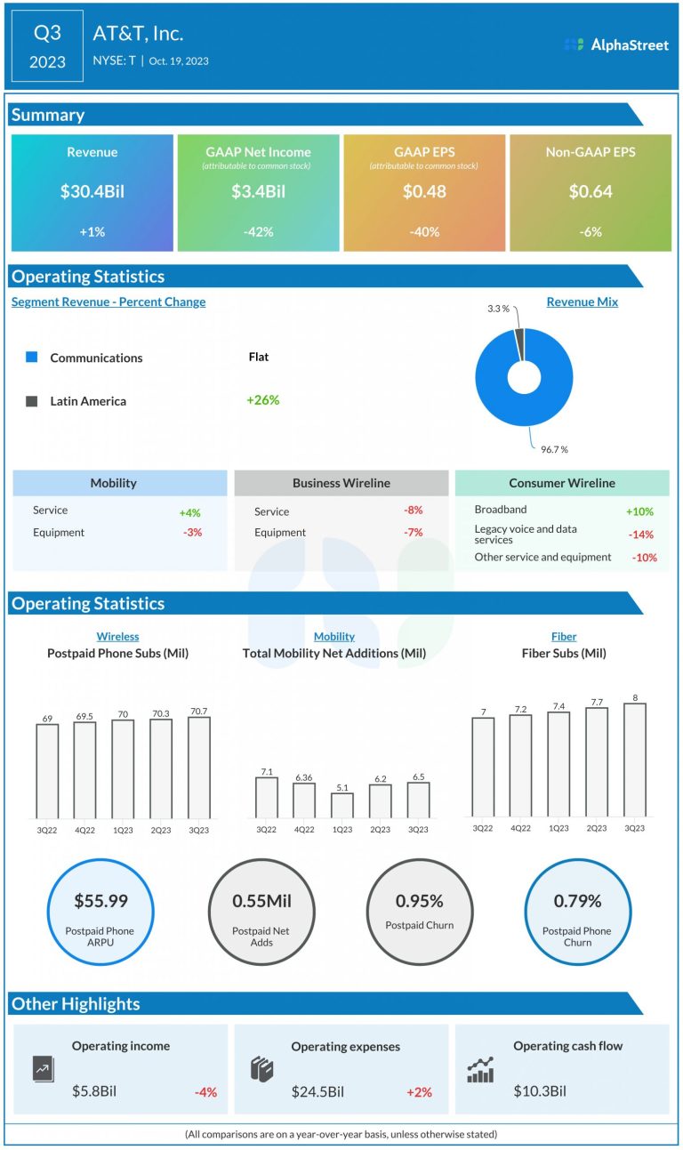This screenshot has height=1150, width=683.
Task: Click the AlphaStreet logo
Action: click(x=615, y=44)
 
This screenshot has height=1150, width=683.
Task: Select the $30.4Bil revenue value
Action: click(x=92, y=191)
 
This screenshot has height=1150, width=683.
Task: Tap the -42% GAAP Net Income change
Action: click(x=258, y=231)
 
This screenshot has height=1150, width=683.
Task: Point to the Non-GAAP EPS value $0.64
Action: click(x=590, y=191)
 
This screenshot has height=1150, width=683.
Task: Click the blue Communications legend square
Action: click(x=32, y=357)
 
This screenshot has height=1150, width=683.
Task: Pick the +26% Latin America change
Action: click(x=262, y=400)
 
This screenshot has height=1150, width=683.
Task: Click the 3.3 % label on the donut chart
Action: click(x=498, y=309)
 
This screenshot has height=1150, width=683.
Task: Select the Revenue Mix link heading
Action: click(x=582, y=302)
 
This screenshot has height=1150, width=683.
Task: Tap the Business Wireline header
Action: click(x=341, y=483)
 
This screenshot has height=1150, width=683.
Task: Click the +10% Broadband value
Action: click(x=639, y=511)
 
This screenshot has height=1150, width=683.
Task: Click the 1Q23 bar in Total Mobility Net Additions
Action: click(x=342, y=805)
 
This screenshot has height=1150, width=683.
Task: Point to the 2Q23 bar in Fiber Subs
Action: click(x=597, y=761)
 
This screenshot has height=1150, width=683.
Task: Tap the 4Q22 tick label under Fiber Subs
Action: click(x=520, y=827)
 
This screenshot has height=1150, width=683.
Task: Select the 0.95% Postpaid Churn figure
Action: click(x=419, y=901)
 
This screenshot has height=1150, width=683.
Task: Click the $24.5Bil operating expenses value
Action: click(x=317, y=1091)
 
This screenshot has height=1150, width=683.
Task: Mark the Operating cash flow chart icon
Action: click(x=480, y=1070)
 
